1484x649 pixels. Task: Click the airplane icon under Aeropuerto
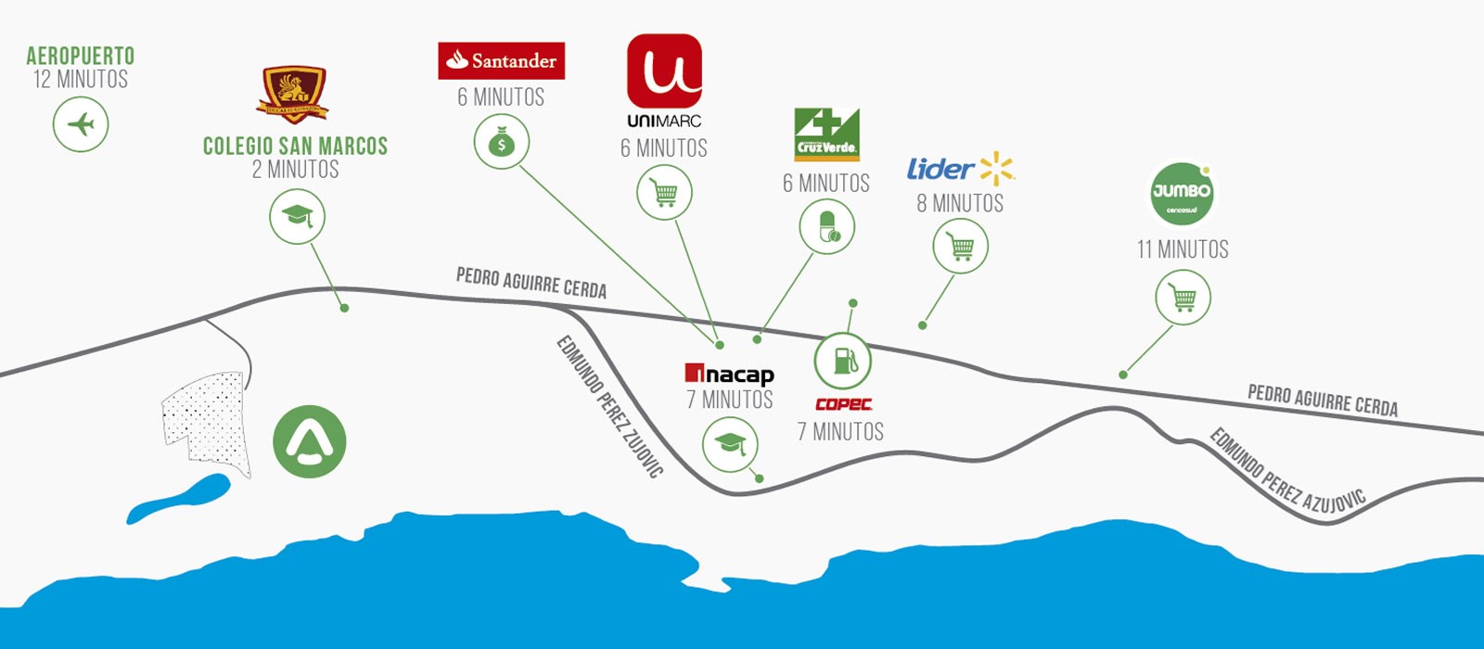click(81, 124)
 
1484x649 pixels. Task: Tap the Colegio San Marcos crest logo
click(293, 95)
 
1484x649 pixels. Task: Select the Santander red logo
click(501, 61)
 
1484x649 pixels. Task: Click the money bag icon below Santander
click(502, 143)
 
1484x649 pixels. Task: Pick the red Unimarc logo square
click(664, 71)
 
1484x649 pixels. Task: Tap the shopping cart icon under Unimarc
click(664, 193)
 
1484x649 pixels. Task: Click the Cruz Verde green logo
click(826, 134)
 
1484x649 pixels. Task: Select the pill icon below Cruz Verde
click(827, 228)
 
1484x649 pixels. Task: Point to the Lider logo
click(960, 169)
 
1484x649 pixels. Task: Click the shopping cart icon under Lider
click(960, 247)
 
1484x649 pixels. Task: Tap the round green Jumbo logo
click(1182, 194)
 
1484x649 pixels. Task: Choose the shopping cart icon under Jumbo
click(1183, 298)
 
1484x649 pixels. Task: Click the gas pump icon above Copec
click(843, 361)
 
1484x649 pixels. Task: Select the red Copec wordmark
click(843, 404)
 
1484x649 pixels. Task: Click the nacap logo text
click(729, 374)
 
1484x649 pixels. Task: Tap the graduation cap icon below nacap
click(730, 444)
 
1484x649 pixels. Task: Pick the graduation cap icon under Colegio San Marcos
click(297, 217)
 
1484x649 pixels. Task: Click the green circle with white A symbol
click(310, 441)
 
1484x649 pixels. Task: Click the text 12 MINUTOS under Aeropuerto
click(81, 80)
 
